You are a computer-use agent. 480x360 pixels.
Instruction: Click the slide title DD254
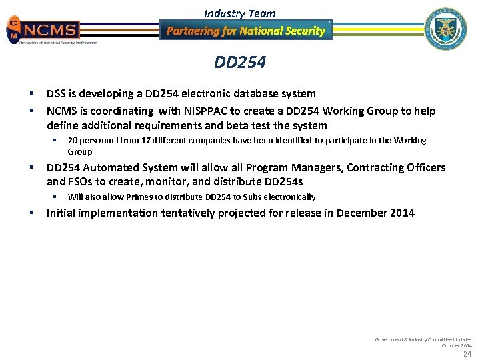(240, 63)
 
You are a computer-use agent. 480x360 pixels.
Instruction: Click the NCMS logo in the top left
(44, 30)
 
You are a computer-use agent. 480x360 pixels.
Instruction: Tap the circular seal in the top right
(446, 29)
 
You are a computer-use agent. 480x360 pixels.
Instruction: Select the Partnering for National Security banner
(245, 31)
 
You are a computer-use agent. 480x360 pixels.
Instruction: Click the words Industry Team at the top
(239, 13)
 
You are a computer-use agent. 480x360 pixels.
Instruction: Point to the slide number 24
(467, 354)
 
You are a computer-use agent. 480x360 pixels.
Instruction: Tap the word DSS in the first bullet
(56, 94)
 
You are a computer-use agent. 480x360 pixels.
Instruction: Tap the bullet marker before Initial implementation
(32, 213)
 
